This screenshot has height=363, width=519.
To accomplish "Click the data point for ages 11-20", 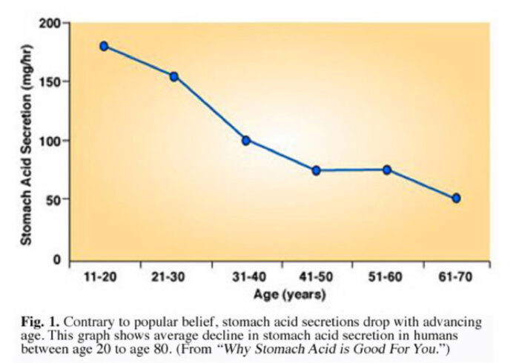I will pos(104,46).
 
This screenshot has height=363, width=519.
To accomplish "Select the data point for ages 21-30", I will pos(174,76).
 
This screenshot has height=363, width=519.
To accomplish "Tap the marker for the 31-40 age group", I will pos(245,140).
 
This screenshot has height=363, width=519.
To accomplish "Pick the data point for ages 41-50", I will pos(316,170).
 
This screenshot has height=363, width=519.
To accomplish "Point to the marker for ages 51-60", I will pos(386,170).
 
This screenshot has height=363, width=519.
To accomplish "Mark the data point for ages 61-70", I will pos(457,198).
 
